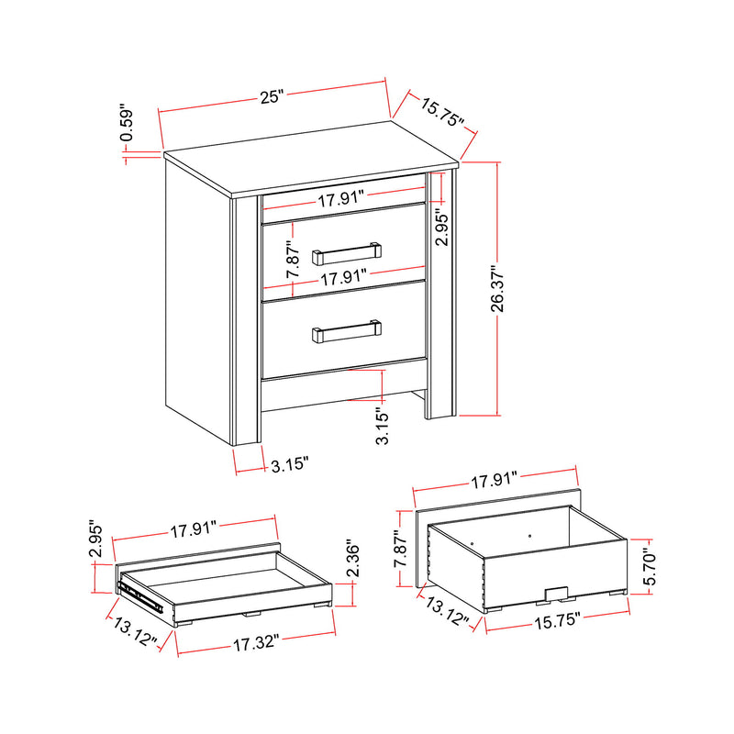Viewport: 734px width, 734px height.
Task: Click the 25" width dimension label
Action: point(272,96)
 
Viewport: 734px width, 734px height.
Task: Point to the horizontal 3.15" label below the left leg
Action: point(290,466)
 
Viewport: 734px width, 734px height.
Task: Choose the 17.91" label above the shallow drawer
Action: point(193,528)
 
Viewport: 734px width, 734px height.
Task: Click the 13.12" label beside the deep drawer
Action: point(448,613)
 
